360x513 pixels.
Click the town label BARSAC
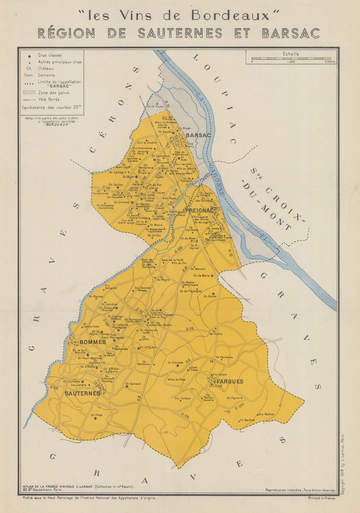[x=198, y=135]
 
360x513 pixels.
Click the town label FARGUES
[x=230, y=382]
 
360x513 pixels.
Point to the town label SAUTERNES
[x=83, y=393]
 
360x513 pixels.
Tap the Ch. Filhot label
[x=97, y=415]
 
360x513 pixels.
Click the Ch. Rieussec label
[x=175, y=363]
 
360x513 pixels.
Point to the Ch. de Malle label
[x=201, y=275]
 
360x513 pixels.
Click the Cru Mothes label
[x=266, y=414]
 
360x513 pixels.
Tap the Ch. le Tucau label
[x=155, y=106]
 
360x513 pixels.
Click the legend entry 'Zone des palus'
[x=54, y=93]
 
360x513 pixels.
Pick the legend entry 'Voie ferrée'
[x=49, y=99]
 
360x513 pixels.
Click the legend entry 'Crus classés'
[x=50, y=55]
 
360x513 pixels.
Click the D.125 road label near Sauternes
[x=54, y=388]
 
